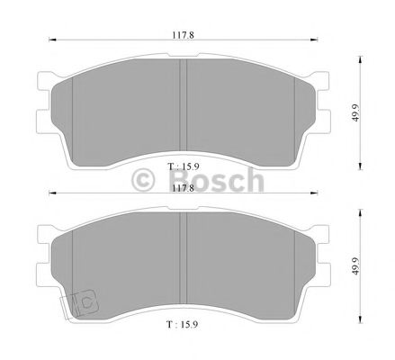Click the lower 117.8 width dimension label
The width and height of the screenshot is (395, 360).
pos(184,189)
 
